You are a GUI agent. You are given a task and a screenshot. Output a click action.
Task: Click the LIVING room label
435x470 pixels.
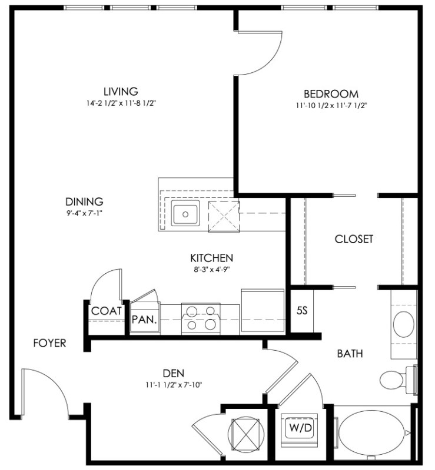(121, 91)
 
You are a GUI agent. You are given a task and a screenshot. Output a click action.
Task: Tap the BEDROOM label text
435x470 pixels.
(331, 94)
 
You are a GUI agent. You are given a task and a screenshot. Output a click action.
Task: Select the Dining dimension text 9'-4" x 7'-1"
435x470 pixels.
(84, 213)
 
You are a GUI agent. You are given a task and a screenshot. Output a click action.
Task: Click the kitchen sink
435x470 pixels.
(185, 213)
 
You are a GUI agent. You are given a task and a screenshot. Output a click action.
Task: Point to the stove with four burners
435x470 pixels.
(201, 318)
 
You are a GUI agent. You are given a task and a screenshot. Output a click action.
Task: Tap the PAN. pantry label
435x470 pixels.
(144, 320)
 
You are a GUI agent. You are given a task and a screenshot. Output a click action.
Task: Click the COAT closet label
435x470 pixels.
(107, 311)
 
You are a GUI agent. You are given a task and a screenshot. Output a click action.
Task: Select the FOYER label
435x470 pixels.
(49, 343)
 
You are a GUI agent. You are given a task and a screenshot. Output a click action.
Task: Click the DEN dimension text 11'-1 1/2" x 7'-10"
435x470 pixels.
(174, 385)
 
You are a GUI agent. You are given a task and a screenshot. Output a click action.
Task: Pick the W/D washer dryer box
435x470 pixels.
(301, 427)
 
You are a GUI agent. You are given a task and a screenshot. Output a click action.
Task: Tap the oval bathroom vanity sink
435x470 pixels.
(404, 324)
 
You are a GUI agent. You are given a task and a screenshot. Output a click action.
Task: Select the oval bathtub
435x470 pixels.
(372, 432)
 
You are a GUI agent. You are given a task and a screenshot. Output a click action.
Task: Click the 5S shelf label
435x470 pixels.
(302, 311)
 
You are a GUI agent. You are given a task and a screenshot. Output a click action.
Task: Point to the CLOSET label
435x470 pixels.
(354, 239)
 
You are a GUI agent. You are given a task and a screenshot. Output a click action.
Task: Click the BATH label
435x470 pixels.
(350, 354)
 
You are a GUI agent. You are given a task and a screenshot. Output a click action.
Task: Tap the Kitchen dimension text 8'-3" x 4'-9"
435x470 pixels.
(212, 270)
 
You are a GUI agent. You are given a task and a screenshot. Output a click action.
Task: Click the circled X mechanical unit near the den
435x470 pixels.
(246, 434)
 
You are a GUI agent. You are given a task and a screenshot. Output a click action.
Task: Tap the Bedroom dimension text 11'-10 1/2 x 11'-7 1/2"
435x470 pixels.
(331, 106)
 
